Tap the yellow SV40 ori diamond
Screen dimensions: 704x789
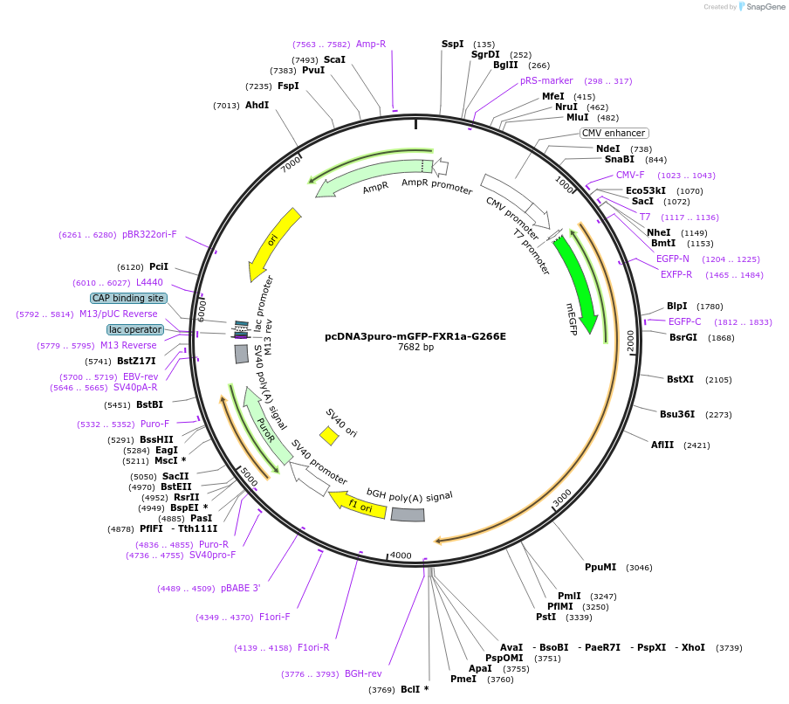(329, 435)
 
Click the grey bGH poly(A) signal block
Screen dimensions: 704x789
(408, 514)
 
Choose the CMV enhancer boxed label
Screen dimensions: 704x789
(614, 134)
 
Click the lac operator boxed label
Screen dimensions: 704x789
(135, 329)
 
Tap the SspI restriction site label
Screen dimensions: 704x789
(452, 44)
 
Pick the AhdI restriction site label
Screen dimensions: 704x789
(257, 105)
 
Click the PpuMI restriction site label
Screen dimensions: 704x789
(600, 567)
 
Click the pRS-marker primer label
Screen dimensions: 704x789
(546, 80)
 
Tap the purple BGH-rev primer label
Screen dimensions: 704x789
(363, 673)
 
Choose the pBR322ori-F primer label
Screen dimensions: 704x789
(149, 234)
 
